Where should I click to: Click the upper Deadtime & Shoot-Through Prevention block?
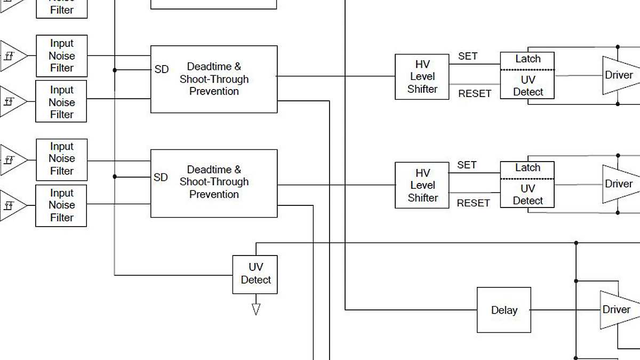214,79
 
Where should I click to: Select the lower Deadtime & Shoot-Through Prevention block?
214,182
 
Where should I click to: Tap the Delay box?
503,310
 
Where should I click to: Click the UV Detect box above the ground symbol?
255,274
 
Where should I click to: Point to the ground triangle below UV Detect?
255,309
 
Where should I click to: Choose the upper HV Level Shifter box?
422,77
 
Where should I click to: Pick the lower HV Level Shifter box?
422,185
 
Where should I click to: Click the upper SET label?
468,56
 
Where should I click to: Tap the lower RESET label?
473,203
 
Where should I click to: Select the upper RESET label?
475,93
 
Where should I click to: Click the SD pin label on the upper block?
161,69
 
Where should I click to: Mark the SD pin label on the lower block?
161,177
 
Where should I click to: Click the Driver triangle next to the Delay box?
616,310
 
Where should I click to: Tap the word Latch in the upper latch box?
527,59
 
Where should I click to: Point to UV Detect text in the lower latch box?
527,194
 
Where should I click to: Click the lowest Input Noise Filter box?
61,205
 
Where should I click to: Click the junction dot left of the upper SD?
115,69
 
